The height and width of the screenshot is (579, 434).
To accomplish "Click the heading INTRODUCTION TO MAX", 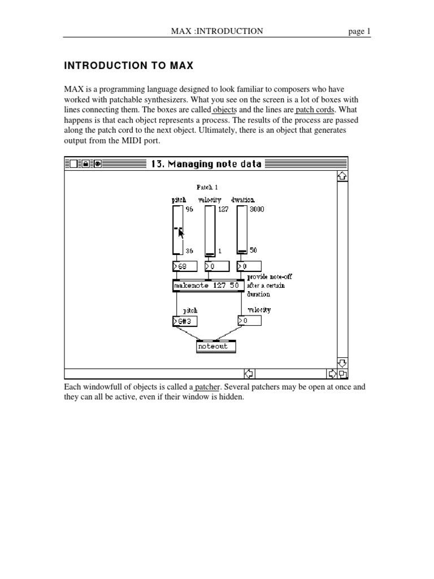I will tap(129, 66).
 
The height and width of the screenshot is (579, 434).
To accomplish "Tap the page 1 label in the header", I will tap(359, 32).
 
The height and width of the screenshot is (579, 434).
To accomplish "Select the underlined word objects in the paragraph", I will tap(224, 110).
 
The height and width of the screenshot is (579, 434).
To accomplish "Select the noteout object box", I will tap(215, 347).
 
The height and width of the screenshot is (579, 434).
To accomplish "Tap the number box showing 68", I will tap(184, 266).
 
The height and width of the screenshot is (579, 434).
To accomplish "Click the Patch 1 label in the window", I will tap(207, 187).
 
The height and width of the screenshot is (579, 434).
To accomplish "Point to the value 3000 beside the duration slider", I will tap(257, 209).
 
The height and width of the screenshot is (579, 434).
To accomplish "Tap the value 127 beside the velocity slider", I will tap(223, 209).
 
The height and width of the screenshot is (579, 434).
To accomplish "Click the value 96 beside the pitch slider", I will tap(189, 209).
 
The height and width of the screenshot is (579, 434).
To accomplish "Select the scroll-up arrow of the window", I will tap(341, 176).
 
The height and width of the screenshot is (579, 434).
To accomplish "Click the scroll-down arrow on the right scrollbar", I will tap(341, 362).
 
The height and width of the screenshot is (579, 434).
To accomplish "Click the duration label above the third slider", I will tap(243, 200).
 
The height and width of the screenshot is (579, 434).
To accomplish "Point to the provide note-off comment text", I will tap(270, 277).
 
